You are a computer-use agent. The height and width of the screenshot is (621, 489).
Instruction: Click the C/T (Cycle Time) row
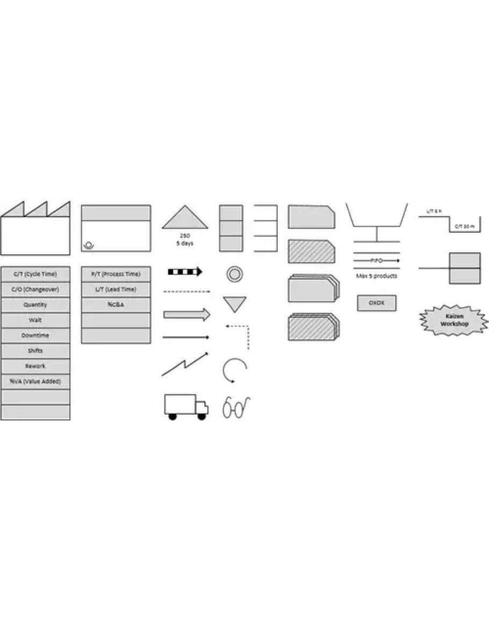(x=35, y=274)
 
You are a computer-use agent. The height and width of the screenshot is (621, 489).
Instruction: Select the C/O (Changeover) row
(x=35, y=289)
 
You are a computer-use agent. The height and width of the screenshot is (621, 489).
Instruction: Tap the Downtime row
(x=35, y=336)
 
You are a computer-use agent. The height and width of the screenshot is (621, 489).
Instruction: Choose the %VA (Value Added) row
(x=35, y=381)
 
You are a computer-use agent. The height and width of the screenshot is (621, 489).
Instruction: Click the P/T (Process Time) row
(x=116, y=274)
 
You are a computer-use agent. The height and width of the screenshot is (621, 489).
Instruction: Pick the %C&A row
(x=116, y=305)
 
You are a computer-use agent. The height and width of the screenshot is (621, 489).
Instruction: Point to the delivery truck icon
(x=185, y=406)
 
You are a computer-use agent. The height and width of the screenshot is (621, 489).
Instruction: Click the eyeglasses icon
(x=236, y=407)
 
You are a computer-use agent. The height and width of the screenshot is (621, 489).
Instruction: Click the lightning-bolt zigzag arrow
(x=185, y=365)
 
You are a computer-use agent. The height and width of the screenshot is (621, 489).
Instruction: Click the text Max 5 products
(x=376, y=276)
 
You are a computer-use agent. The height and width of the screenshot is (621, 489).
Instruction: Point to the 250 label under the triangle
(x=185, y=235)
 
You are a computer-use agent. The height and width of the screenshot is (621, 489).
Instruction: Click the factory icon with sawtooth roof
(x=35, y=230)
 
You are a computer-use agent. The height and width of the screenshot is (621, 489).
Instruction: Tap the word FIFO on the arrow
(x=376, y=260)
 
